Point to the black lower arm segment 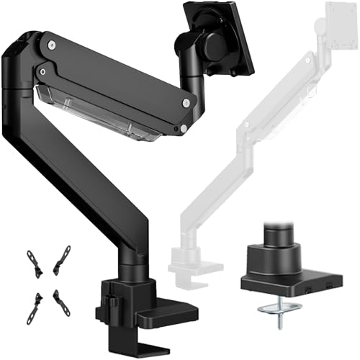point(101,180)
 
